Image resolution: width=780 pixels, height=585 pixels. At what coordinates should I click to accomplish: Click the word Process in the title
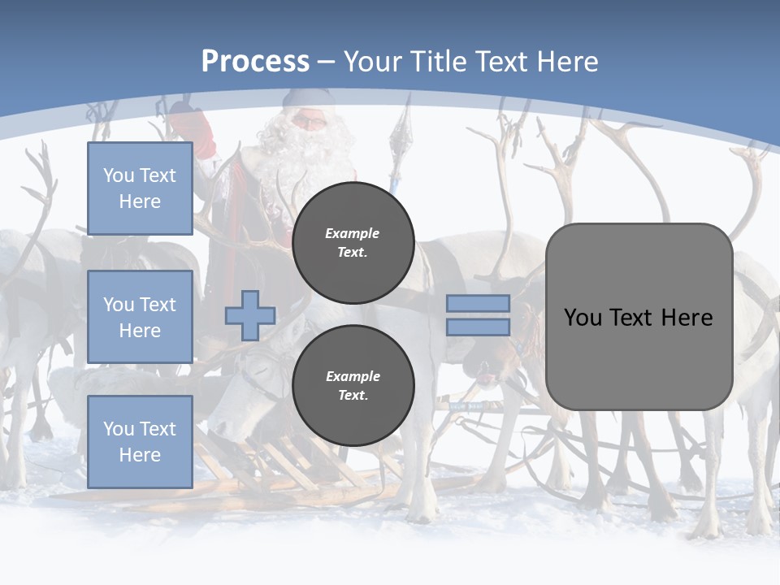(x=255, y=61)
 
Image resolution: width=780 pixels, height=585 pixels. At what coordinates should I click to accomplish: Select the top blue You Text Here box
(x=140, y=188)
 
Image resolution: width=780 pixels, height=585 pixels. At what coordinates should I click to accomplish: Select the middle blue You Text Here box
(x=140, y=317)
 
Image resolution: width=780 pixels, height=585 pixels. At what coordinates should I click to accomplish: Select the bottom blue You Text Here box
(x=140, y=441)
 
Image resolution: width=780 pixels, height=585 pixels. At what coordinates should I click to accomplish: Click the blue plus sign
(x=250, y=315)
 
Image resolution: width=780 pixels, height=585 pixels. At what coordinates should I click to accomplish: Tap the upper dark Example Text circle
(x=353, y=243)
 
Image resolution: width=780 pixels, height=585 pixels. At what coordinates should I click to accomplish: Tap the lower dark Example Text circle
(x=353, y=385)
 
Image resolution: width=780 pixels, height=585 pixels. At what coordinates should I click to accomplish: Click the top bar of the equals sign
(x=478, y=304)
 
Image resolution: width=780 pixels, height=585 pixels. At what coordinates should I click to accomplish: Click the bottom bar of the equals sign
(x=478, y=327)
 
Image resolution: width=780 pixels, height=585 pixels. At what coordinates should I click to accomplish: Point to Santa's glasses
(x=309, y=122)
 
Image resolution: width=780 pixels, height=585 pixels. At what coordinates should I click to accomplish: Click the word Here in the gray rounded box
(x=687, y=318)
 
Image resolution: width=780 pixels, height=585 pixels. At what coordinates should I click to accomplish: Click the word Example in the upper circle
(x=353, y=233)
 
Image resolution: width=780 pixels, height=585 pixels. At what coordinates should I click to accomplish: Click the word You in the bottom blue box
(x=118, y=428)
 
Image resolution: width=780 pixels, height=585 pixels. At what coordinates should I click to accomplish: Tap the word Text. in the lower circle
(x=353, y=396)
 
